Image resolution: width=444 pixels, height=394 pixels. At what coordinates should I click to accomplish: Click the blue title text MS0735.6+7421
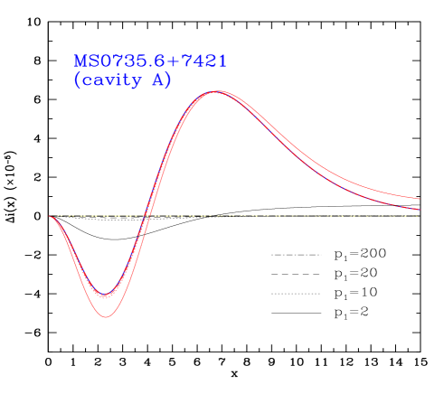coord(150,61)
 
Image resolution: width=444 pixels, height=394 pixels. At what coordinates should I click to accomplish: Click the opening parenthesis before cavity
coord(78,80)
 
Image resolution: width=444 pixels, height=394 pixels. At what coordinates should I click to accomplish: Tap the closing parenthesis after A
coord(168,80)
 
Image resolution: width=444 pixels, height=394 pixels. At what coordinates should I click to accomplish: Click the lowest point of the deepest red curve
coord(107,317)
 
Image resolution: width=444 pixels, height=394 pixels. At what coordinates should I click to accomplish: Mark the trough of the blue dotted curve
coord(106,295)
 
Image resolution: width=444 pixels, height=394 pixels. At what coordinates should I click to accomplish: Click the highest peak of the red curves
coord(217,91)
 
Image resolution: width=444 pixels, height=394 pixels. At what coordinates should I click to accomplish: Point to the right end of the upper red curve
coord(419,198)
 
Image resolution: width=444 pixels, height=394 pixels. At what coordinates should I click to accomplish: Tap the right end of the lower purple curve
coord(419,210)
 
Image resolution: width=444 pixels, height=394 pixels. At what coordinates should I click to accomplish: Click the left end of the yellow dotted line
coord(56,216)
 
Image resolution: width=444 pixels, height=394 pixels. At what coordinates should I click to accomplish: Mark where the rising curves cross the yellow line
coord(148,216)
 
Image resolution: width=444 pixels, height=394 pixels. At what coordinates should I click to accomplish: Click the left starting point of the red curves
coord(49,217)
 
